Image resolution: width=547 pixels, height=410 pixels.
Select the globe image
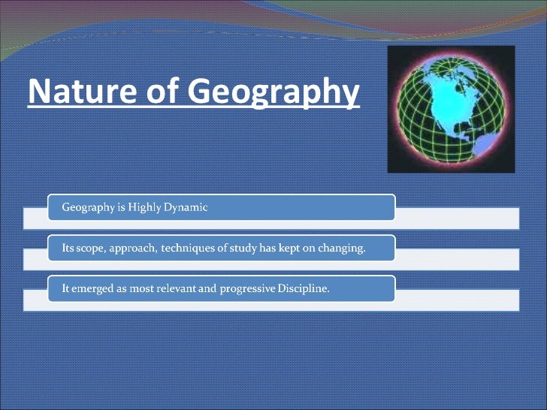451,110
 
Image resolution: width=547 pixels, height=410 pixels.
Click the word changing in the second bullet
343,249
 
